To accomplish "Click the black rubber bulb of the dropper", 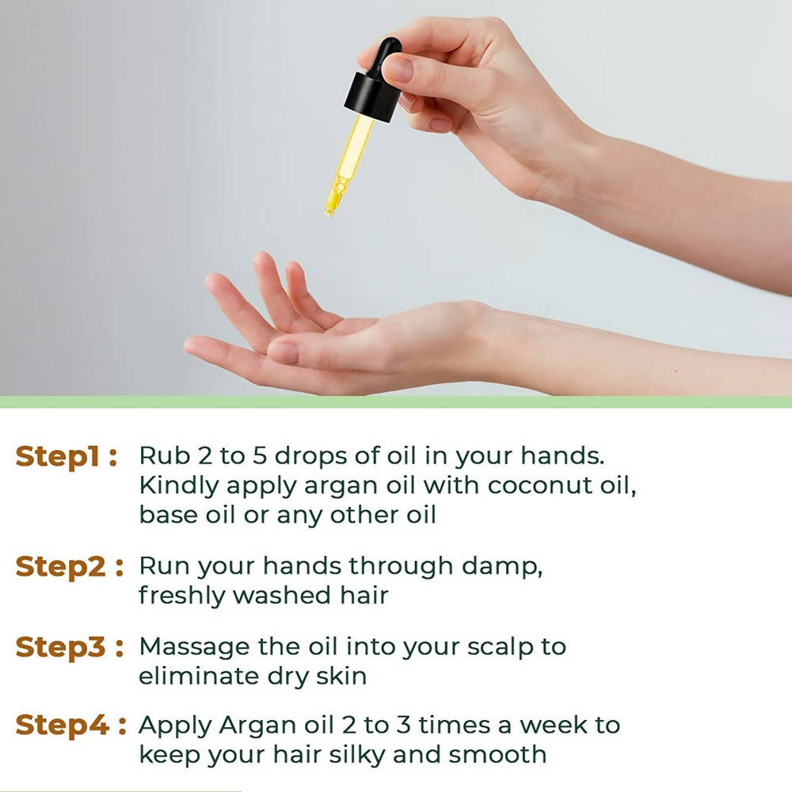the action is (386, 56).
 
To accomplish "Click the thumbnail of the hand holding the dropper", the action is (398, 69).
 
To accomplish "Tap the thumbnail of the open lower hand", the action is (284, 352).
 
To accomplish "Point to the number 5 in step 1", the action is (259, 455).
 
